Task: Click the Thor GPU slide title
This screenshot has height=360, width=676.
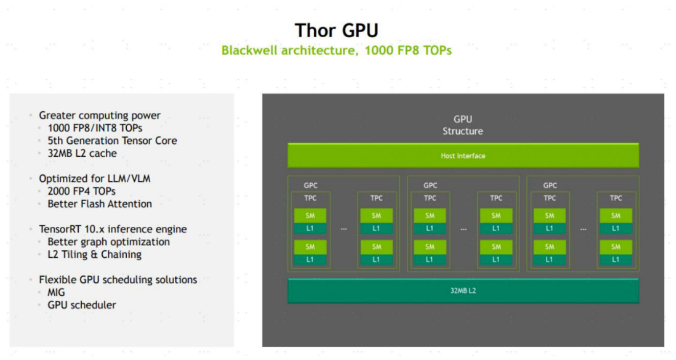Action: pos(337,31)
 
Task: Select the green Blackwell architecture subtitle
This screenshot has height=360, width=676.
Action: pos(337,51)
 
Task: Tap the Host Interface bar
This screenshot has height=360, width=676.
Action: pos(463,156)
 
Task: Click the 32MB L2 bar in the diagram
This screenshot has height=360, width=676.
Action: pos(463,291)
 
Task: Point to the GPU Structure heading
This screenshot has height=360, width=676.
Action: pos(463,125)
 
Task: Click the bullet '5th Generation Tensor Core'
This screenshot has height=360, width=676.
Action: pos(112,141)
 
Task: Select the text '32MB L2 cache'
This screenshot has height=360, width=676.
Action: pos(82,154)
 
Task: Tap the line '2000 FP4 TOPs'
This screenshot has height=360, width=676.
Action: pos(81,191)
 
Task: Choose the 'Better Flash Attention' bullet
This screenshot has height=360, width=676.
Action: pos(100,204)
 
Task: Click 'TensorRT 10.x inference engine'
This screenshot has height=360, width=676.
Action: pos(113,229)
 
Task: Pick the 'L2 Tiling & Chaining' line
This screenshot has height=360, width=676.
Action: pos(95,255)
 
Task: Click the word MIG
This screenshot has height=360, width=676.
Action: pos(56,293)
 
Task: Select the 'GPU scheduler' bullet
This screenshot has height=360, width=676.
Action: pos(82,305)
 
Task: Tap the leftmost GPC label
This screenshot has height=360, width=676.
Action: pos(311,185)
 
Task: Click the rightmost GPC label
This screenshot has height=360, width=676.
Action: pos(550,185)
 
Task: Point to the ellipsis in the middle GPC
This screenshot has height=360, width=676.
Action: pos(463,229)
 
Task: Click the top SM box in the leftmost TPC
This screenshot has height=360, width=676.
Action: pos(310,215)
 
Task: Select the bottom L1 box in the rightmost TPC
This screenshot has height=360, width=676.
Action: pos(616,259)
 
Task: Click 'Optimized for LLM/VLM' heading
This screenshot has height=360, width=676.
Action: pos(95,179)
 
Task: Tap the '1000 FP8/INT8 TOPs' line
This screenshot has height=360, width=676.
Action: pos(95,128)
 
